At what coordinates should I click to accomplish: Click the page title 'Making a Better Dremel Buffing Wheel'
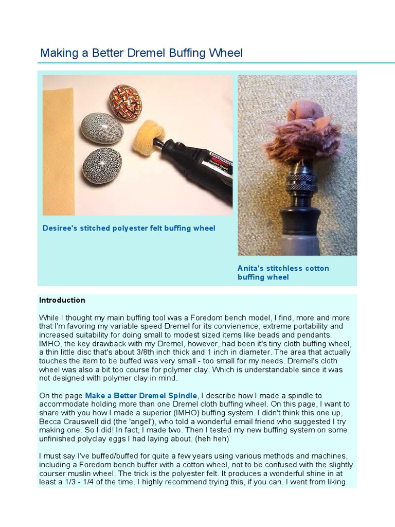[x=141, y=53]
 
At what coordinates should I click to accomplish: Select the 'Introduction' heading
[x=62, y=300]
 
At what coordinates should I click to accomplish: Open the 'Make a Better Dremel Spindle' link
[x=141, y=395]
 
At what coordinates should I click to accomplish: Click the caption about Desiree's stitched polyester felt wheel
[x=129, y=228]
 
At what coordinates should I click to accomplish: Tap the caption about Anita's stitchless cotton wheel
[x=283, y=272]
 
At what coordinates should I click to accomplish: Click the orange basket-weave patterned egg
[x=125, y=102]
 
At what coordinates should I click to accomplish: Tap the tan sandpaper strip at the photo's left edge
[x=58, y=149]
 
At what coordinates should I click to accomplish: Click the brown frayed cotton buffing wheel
[x=297, y=142]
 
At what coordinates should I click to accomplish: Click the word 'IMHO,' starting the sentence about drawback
[x=51, y=344]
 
